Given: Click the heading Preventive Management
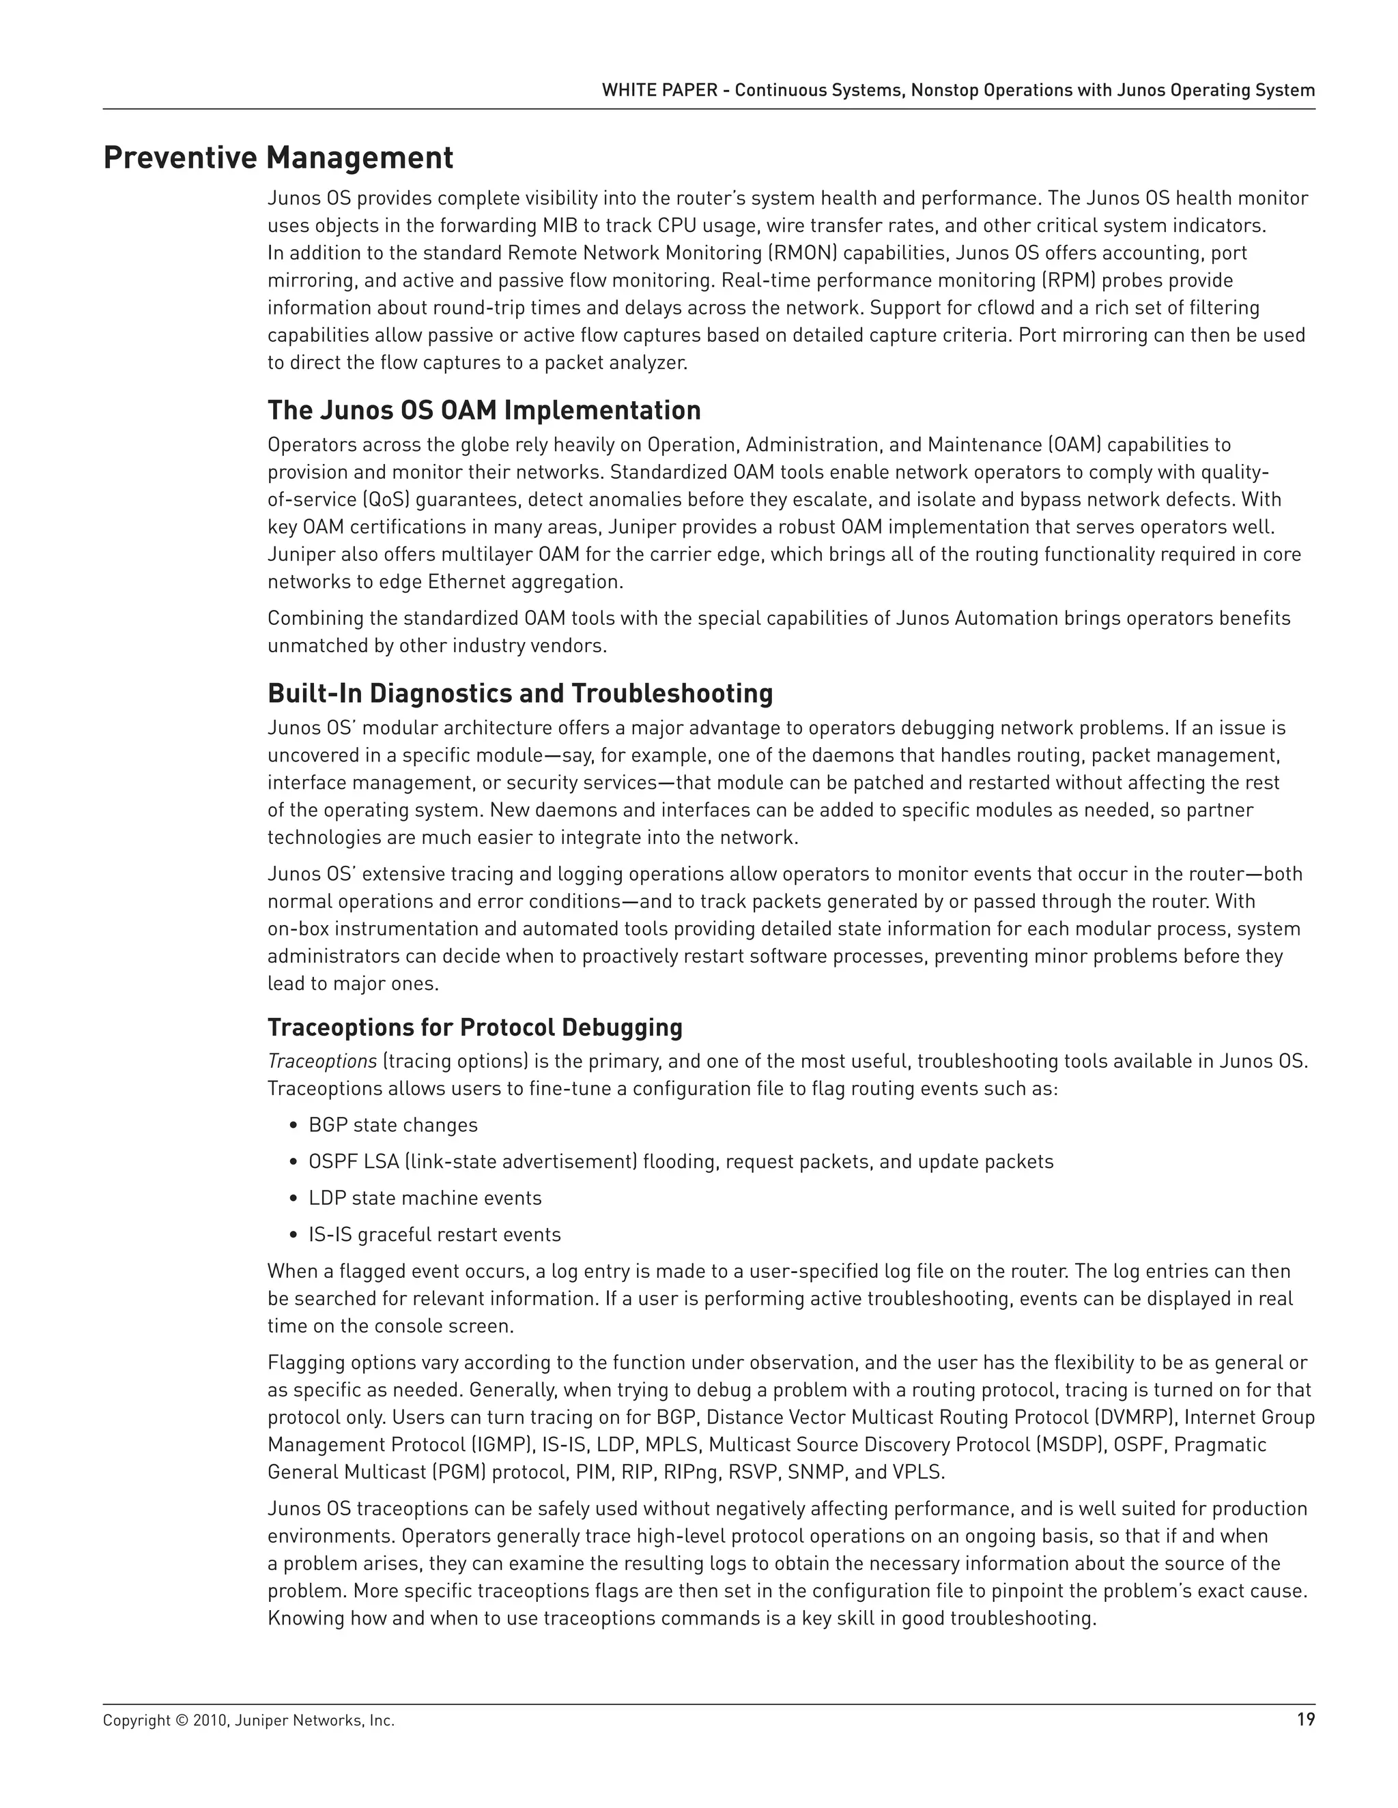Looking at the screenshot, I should (279, 158).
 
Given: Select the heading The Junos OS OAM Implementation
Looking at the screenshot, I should (484, 410).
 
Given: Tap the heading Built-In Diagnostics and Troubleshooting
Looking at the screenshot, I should (520, 693).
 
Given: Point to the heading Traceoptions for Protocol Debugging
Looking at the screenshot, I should (474, 1027).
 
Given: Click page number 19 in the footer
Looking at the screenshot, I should (1305, 1720).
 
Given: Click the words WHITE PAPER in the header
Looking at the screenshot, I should (659, 90).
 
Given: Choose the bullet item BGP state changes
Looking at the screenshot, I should (393, 1125).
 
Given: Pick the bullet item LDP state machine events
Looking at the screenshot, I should (425, 1198).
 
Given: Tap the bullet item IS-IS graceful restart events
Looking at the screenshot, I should (435, 1234).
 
